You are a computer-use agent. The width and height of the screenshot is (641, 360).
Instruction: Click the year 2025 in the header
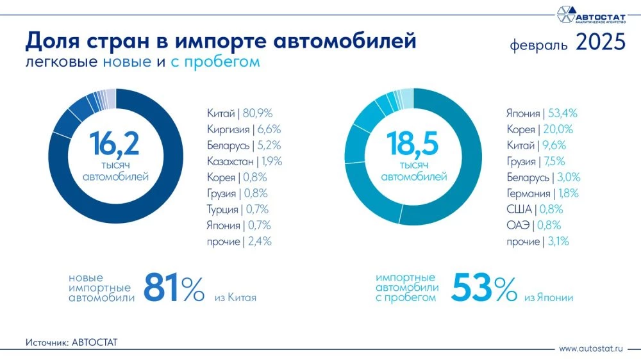click(600, 43)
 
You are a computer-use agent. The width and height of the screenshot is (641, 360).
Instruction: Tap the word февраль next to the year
click(539, 45)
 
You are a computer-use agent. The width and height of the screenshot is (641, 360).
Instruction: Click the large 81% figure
click(173, 288)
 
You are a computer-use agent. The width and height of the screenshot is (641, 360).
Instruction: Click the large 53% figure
click(484, 288)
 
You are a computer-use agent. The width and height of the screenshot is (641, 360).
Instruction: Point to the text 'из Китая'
click(231, 298)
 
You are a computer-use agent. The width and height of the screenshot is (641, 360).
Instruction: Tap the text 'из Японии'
click(549, 298)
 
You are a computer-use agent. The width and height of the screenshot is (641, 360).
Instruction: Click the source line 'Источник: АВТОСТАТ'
click(72, 343)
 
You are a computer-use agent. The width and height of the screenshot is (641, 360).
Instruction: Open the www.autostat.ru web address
click(591, 349)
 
